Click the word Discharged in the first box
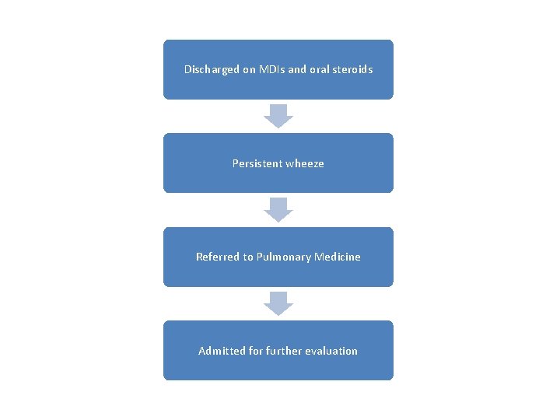point(212,69)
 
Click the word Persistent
point(257,163)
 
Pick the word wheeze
point(305,163)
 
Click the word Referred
point(218,257)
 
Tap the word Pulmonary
point(283,257)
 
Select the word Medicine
point(338,257)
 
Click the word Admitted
point(222,351)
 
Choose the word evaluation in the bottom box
point(334,351)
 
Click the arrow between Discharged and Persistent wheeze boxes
point(278,116)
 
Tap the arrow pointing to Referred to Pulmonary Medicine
point(278,210)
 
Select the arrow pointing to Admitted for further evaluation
point(278,303)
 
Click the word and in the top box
point(297,69)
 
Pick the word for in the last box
point(257,351)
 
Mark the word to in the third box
point(248,257)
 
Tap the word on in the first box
point(249,69)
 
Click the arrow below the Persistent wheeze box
point(278,210)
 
